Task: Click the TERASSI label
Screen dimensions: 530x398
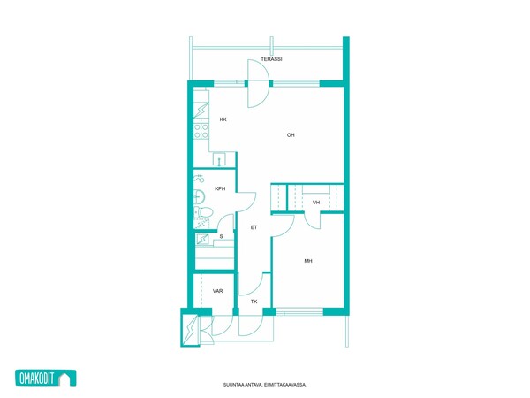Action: coord(271,59)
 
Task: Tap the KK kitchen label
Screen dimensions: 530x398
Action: coord(223,119)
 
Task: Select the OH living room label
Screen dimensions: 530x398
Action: coord(291,135)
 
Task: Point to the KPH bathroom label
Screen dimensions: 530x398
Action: coord(220,189)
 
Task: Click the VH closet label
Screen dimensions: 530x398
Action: coord(316,203)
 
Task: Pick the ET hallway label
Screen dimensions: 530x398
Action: coord(254,227)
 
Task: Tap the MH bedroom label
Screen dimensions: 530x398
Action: coord(308,261)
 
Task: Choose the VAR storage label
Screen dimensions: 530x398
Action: coord(217,291)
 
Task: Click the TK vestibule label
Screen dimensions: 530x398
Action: coord(254,302)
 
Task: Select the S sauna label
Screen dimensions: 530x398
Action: coord(221,236)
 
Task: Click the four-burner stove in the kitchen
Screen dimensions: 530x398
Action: coord(201,131)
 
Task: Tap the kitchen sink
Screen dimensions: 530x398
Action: coord(219,159)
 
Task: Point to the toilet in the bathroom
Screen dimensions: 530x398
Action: coord(203,212)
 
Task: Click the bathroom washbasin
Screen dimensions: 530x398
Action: coord(199,196)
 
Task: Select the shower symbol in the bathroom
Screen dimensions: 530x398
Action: coord(199,179)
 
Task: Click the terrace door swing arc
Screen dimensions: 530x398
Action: coord(258,84)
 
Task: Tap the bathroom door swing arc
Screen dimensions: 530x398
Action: coord(246,202)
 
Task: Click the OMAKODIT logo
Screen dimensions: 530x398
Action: coord(46,378)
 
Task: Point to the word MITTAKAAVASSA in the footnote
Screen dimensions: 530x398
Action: coord(291,385)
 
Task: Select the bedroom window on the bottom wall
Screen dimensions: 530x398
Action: coord(299,311)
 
